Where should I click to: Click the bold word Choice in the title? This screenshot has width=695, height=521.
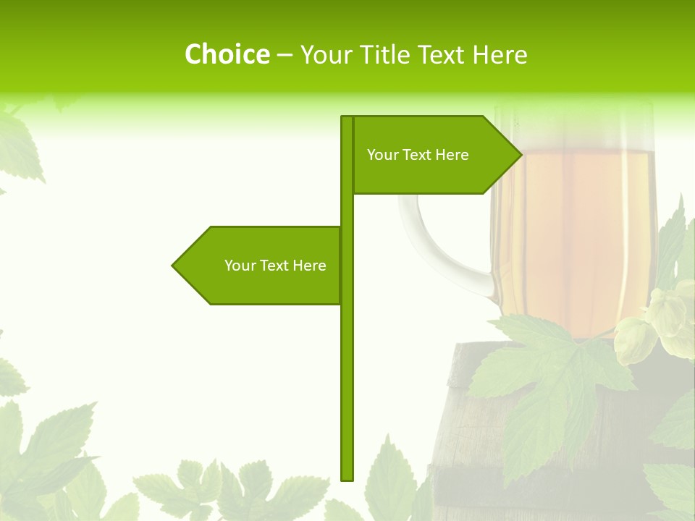pos(227,54)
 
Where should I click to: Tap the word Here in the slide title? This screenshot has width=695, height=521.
pos(500,54)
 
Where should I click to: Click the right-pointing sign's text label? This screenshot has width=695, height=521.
pos(418,155)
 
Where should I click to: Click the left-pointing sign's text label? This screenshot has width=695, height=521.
pos(275,266)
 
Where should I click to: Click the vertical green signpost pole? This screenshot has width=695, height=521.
pos(347,362)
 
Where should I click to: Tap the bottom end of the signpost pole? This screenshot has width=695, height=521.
pos(347,478)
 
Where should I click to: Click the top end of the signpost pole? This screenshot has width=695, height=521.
pos(347,118)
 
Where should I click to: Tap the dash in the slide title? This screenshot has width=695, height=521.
pos(285,55)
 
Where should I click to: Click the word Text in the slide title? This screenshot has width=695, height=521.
pos(444,54)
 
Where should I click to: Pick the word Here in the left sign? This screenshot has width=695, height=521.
pos(310,266)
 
